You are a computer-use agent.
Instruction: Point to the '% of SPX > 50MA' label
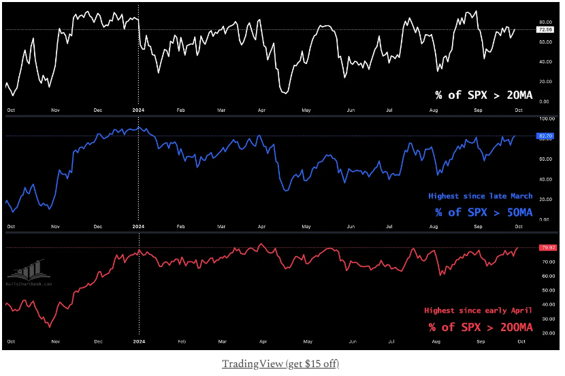coord(484,212)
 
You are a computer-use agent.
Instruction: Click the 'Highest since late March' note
coord(480,196)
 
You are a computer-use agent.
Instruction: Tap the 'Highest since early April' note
coord(478,310)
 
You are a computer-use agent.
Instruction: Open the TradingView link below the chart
coord(280,364)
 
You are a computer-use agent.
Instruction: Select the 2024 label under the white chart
coord(139,109)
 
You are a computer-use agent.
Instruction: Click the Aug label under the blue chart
coord(434,225)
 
